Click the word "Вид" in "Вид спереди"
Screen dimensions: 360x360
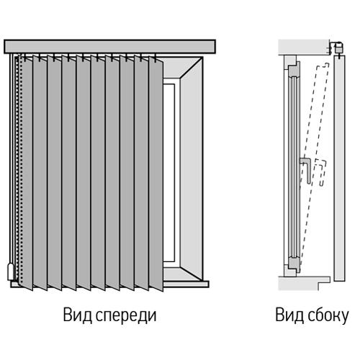[x=78, y=315]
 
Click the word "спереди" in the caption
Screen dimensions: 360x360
[x=126, y=316]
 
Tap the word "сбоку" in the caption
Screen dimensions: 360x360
[x=328, y=315]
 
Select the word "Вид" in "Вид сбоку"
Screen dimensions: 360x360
[x=289, y=315]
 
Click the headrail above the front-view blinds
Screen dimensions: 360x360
[x=109, y=47]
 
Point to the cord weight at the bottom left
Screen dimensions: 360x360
[x=12, y=271]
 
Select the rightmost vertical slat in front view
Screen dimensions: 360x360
[x=156, y=174]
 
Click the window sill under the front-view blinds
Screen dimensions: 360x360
[x=109, y=284]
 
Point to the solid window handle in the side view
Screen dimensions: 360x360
[x=307, y=169]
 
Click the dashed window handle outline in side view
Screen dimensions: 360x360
[x=321, y=173]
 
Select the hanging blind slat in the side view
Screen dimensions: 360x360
[x=340, y=168]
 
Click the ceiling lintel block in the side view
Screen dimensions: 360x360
[x=304, y=48]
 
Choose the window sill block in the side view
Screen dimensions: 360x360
[x=304, y=283]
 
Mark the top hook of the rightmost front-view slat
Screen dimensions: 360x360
[x=156, y=58]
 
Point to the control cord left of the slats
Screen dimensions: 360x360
[x=10, y=158]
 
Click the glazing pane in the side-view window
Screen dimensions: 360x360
[x=294, y=168]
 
